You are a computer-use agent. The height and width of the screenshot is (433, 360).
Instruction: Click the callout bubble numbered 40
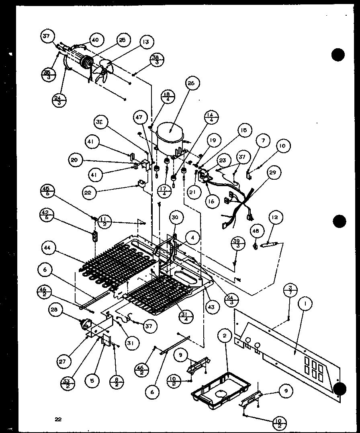point(95,40)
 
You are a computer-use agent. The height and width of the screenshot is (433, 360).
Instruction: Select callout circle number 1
point(305,305)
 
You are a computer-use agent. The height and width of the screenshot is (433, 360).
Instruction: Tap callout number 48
point(256,231)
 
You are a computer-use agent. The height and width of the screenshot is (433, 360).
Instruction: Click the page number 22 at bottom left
point(59,420)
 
